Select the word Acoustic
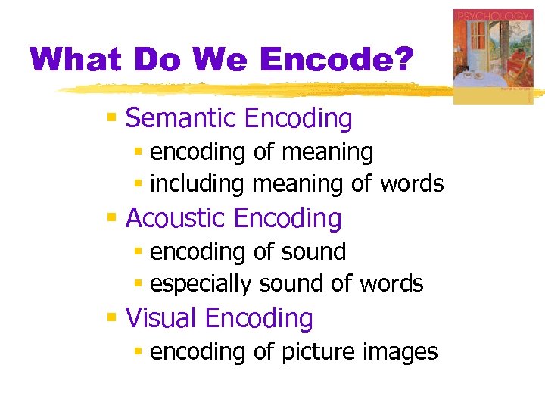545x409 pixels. pos(176,218)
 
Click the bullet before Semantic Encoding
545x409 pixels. pos(111,118)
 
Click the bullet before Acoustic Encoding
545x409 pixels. pos(111,217)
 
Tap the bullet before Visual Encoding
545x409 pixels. pos(111,317)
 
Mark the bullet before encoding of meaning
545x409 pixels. pos(138,152)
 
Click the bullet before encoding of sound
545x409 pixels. pos(138,251)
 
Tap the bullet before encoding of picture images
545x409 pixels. pos(138,352)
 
